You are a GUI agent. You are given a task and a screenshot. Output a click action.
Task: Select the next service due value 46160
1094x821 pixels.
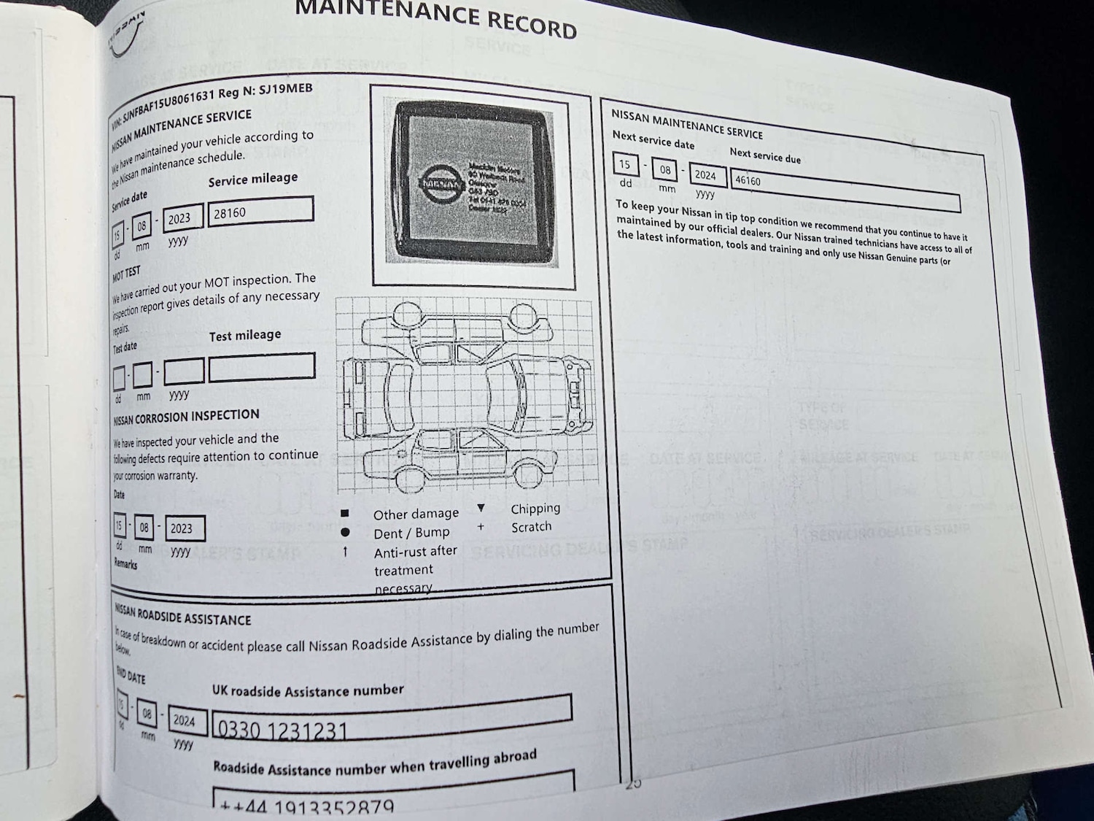(x=748, y=180)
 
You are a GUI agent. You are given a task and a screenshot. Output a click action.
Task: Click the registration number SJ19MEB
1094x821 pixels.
(x=286, y=90)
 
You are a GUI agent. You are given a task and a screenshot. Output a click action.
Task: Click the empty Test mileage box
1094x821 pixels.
(x=262, y=367)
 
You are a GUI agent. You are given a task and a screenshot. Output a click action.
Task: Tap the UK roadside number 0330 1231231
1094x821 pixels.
(x=283, y=729)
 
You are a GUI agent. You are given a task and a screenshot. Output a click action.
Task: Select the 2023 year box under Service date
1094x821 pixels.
(x=179, y=218)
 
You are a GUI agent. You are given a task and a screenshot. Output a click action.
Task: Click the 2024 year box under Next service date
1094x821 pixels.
(x=705, y=175)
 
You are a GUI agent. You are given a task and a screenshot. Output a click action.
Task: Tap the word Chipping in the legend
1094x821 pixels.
(x=535, y=509)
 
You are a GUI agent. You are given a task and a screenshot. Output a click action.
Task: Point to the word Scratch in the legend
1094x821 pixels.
(x=531, y=527)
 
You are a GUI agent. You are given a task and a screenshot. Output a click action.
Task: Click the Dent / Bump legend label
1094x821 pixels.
(x=411, y=533)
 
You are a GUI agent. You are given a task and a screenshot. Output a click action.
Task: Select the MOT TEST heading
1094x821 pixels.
(x=126, y=274)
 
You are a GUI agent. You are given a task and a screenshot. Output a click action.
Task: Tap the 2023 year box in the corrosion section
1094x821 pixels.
(x=182, y=528)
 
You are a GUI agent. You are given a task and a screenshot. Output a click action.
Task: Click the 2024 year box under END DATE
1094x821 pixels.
(x=184, y=721)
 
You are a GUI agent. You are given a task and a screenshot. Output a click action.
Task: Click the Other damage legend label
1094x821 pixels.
(x=416, y=514)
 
